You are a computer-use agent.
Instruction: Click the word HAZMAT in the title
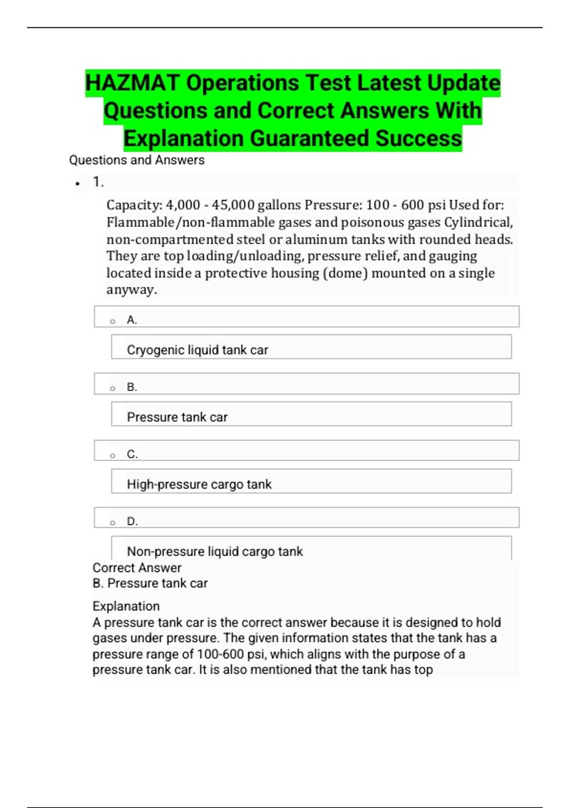pos(133,83)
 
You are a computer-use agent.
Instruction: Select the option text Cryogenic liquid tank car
pos(197,350)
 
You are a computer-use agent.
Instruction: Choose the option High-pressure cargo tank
pos(199,484)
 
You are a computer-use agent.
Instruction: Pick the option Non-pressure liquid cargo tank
pos(215,551)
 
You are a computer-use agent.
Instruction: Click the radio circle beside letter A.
pos(113,322)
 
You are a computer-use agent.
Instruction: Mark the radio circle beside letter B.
pos(113,389)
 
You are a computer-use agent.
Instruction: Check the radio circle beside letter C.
pos(113,456)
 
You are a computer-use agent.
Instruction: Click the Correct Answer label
pos(137,568)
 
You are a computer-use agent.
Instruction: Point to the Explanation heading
pos(126,606)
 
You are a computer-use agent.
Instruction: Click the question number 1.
pos(98,182)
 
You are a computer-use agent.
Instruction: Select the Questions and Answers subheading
pos(137,160)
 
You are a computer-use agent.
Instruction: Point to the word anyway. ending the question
pos(132,290)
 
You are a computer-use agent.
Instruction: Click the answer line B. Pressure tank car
pos(150,584)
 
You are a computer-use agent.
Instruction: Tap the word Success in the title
pos(418,139)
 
